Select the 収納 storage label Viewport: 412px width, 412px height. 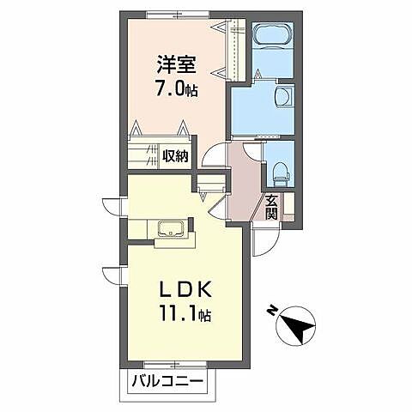click(175, 156)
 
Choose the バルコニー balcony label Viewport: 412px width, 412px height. click(167, 381)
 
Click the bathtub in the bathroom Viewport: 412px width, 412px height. click(272, 35)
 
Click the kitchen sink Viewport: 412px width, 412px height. click(171, 228)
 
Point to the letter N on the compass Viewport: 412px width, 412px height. click(271, 311)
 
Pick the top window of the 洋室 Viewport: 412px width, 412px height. click(178, 15)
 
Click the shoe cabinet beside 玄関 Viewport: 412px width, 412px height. click(288, 207)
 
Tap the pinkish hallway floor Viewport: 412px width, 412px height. click(243, 183)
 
